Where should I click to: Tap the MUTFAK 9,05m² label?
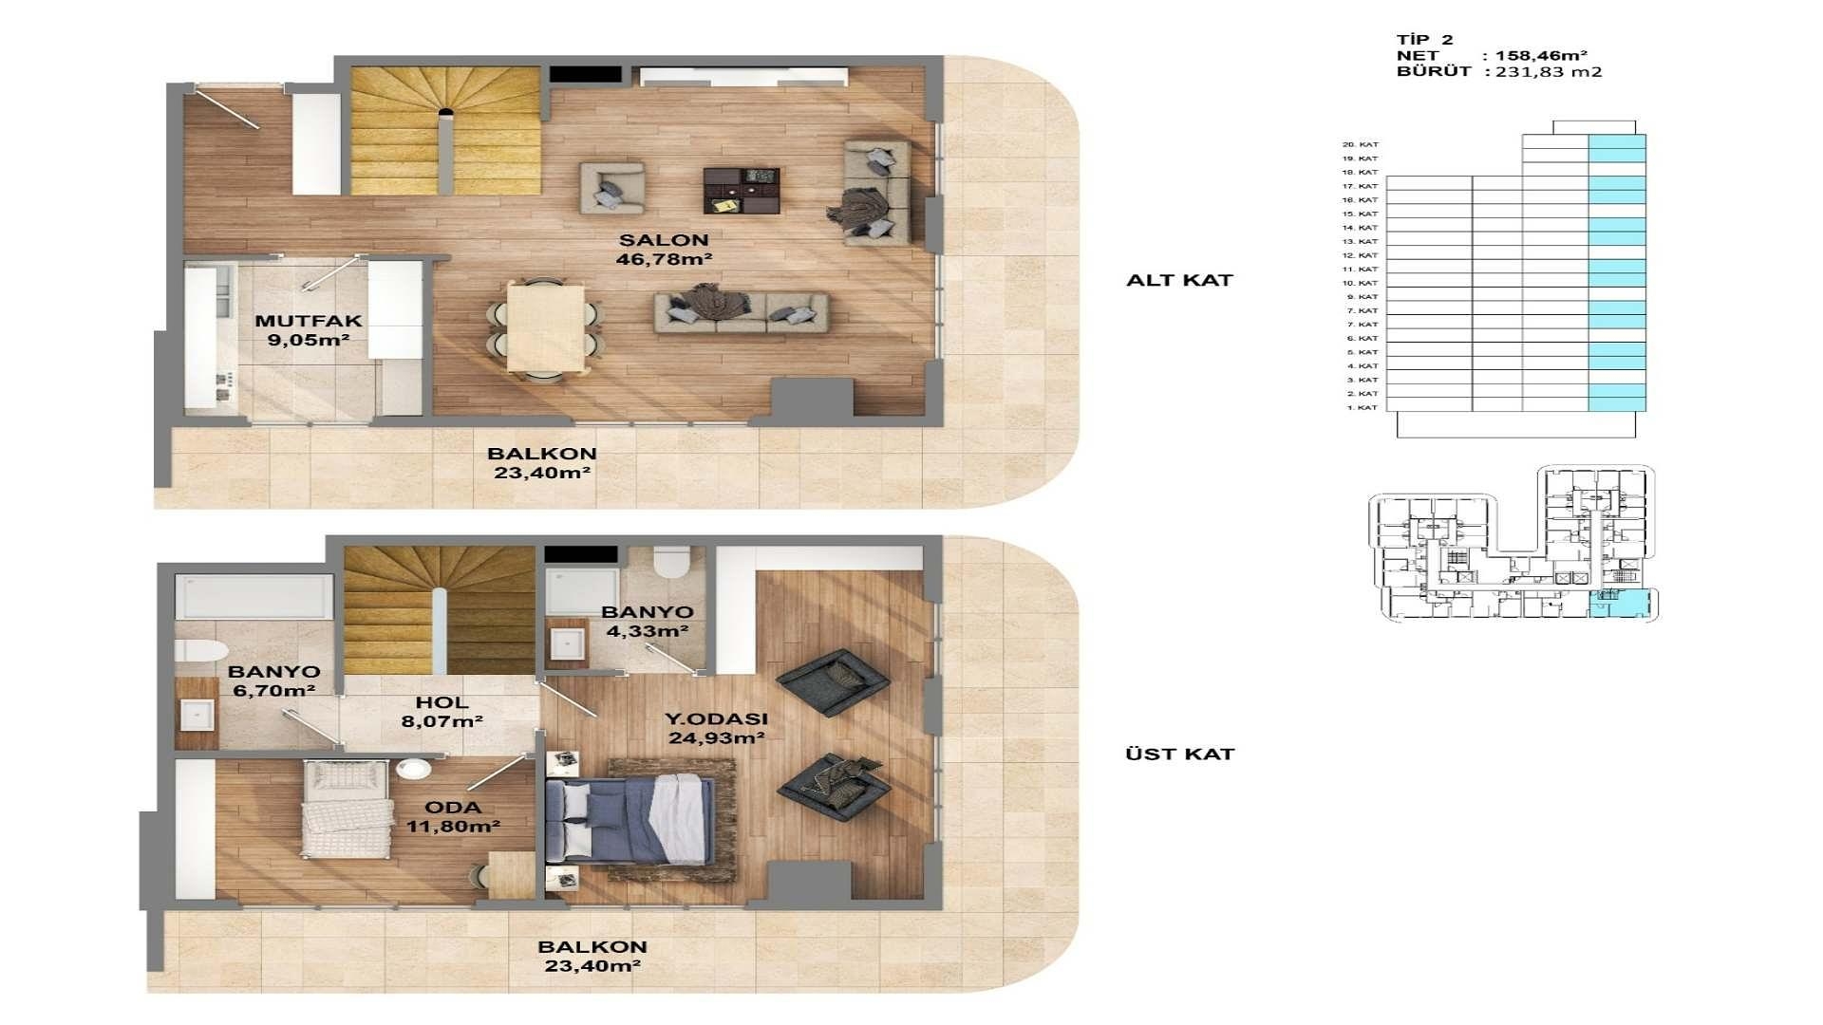pyautogui.click(x=308, y=330)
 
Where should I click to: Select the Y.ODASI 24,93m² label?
pyautogui.click(x=716, y=729)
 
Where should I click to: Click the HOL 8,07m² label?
pyautogui.click(x=442, y=712)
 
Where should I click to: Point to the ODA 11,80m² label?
pyautogui.click(x=453, y=816)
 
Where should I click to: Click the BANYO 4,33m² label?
pyautogui.click(x=647, y=622)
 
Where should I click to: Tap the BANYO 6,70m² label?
pyautogui.click(x=273, y=681)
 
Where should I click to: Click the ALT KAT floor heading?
pyautogui.click(x=1179, y=280)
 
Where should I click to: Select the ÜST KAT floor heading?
pyautogui.click(x=1179, y=754)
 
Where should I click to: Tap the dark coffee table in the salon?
pyautogui.click(x=741, y=190)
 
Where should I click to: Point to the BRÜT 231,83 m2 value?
pyautogui.click(x=1548, y=71)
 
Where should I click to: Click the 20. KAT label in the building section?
pyautogui.click(x=1360, y=144)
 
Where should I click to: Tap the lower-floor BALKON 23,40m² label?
pyautogui.click(x=542, y=463)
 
